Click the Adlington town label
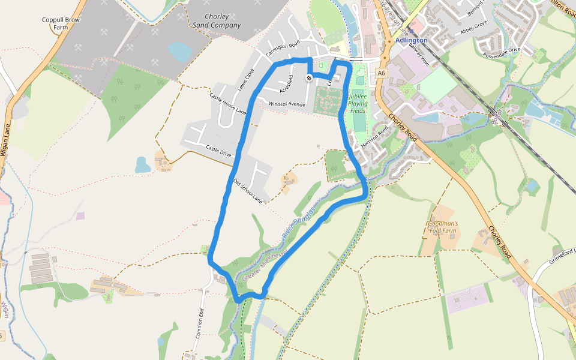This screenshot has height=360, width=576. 412,40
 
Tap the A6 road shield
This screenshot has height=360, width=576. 381,73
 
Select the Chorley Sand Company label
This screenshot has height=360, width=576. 217,21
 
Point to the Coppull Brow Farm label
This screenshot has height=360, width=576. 61,23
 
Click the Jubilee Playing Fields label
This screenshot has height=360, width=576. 358,103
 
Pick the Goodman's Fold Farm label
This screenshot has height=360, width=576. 443,227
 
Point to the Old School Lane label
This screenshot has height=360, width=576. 248,190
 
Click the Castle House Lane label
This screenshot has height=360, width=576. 228,103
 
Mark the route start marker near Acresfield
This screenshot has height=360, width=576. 309,77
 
